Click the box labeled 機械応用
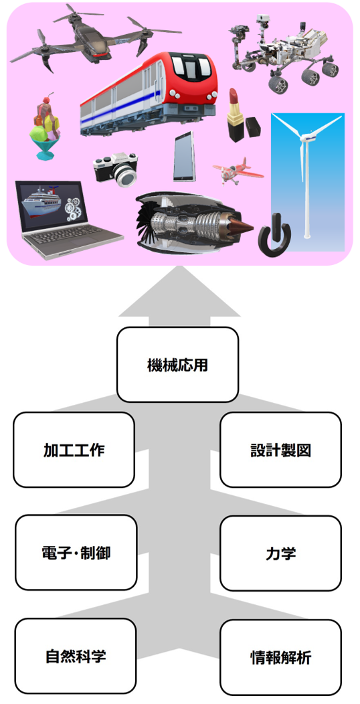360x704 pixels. tap(177, 364)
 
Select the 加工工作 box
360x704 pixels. tap(74, 450)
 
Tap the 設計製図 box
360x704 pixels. tap(280, 450)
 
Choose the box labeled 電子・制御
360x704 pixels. tap(76, 552)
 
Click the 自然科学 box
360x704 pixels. tap(76, 656)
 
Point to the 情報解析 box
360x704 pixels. tap(280, 657)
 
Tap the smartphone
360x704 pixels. tap(185, 157)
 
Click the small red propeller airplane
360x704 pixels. tap(237, 170)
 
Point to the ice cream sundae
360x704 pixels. tap(45, 126)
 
